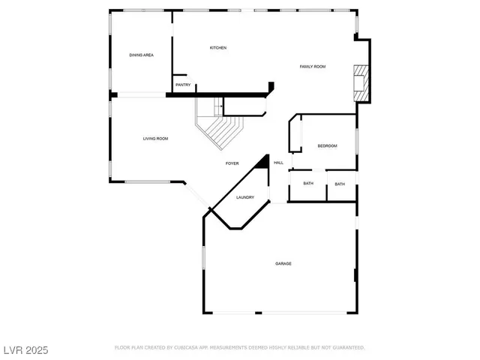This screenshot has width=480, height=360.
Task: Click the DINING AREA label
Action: (141, 55)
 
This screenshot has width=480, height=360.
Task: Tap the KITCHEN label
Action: (217, 48)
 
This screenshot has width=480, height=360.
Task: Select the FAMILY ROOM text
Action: (313, 67)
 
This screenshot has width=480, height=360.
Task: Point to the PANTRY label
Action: (183, 85)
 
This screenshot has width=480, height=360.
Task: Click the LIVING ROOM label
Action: (155, 139)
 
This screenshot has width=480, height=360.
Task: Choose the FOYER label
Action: (232, 163)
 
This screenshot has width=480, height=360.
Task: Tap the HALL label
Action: (278, 163)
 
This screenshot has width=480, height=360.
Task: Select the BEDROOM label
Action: (327, 145)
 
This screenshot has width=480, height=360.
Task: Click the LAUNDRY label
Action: (245, 197)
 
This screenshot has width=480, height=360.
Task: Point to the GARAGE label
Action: (283, 263)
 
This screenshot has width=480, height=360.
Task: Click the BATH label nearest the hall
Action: (308, 184)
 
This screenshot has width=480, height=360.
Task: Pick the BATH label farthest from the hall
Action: (340, 184)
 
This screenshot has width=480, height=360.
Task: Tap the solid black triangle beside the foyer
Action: (263, 163)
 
